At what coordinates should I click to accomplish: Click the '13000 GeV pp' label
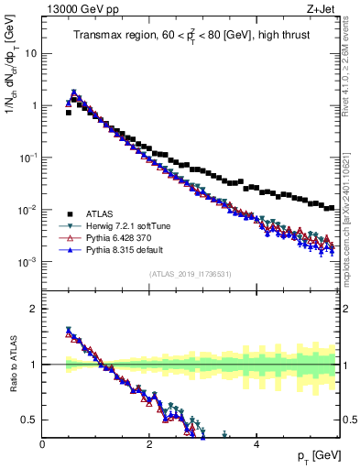tap(77, 9)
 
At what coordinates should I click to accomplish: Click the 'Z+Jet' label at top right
tap(320, 9)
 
